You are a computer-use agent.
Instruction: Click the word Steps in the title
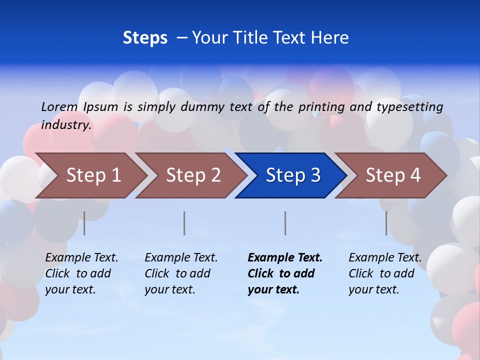coord(145,38)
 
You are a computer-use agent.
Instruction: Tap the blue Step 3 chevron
coord(293,175)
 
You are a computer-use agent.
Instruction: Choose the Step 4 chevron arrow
coord(393,175)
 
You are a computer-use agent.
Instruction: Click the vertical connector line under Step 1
coord(84,223)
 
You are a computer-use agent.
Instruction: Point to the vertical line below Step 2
coord(184,223)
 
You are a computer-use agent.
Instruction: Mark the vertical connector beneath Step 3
coord(285,223)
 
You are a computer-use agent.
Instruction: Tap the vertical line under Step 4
coord(386,223)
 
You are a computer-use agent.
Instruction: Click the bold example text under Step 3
coord(284,273)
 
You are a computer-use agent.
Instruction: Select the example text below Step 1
coord(81,273)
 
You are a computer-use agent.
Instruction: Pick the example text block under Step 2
coord(180,273)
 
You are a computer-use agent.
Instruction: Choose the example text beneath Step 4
coord(384,273)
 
